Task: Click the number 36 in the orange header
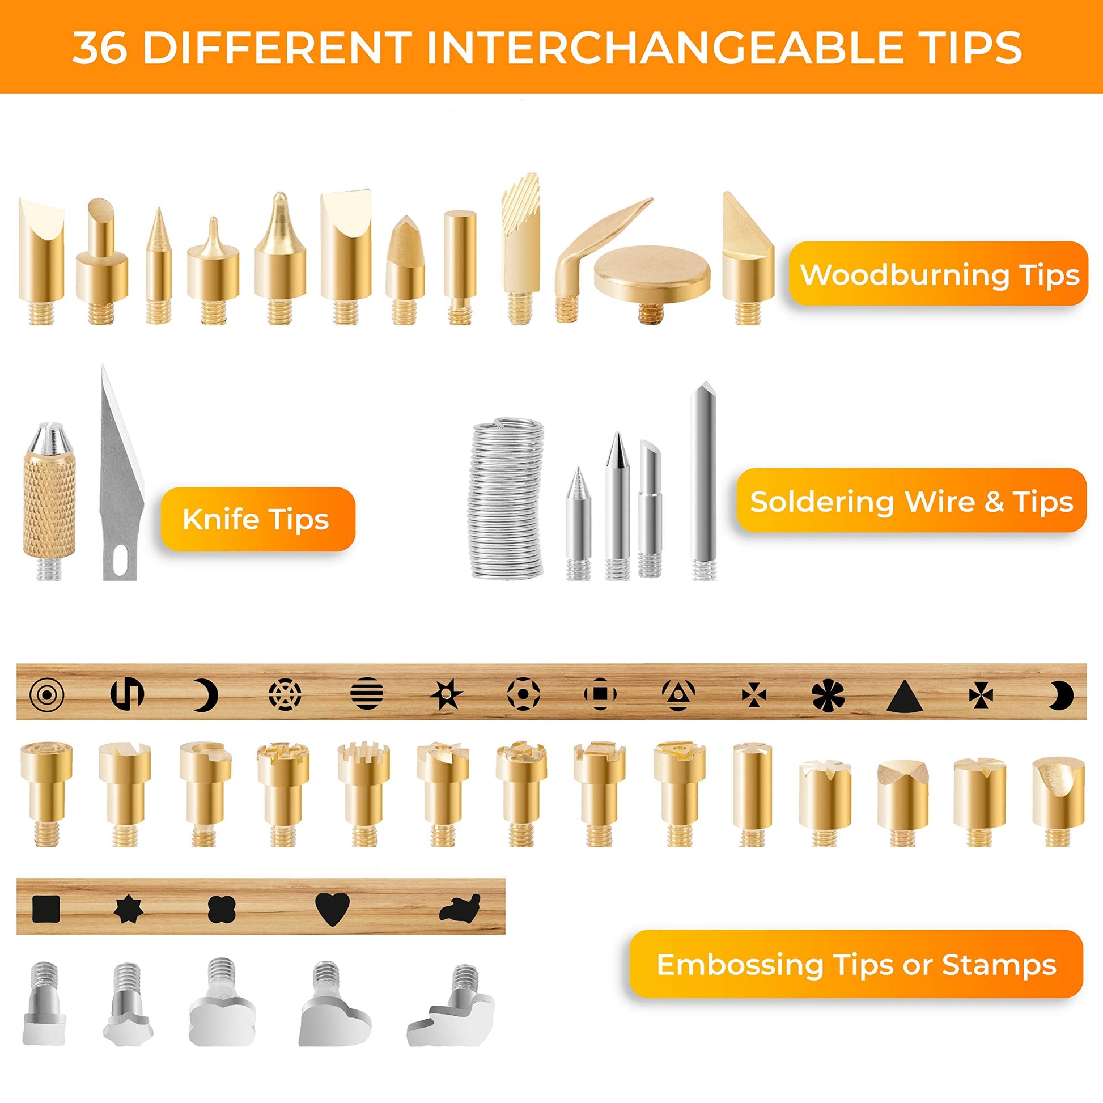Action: click(100, 48)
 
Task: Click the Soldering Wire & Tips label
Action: click(911, 500)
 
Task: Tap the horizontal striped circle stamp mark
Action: click(366, 695)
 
